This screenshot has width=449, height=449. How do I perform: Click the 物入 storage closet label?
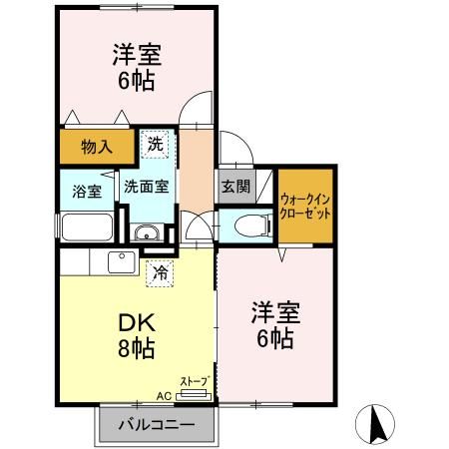[x=96, y=148]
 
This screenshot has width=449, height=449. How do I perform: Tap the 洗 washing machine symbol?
[x=155, y=145]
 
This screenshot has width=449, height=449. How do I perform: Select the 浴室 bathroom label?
[x=86, y=191]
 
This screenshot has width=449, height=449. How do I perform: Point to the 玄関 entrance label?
[x=235, y=185]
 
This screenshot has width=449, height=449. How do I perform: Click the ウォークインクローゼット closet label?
[x=304, y=207]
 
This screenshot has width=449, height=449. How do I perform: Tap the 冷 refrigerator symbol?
[x=158, y=271]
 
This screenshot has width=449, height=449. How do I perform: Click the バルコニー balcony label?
[x=156, y=424]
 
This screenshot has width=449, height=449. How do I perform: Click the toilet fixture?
[x=250, y=225]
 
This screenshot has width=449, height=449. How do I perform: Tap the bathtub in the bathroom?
[x=87, y=225]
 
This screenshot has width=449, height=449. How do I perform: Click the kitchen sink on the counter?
[x=122, y=262]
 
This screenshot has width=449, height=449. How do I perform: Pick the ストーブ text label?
[x=194, y=381]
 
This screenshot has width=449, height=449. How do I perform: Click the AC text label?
[x=163, y=396]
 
